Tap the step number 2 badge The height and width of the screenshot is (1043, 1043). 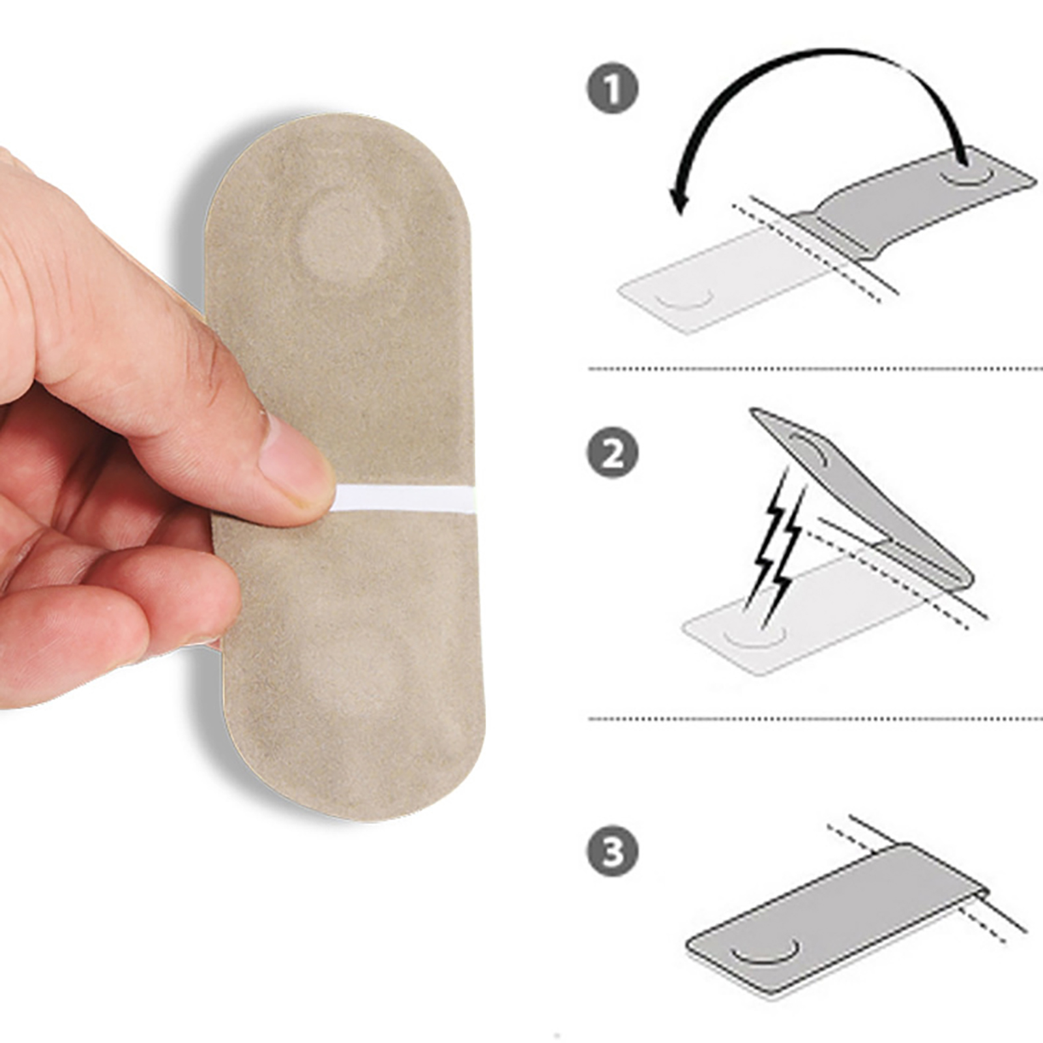[x=612, y=452]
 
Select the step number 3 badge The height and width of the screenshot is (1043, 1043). [x=612, y=851]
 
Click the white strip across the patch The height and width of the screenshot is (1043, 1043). [x=404, y=499]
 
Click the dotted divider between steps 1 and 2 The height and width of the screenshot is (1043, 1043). [x=815, y=369]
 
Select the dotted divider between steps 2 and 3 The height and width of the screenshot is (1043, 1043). [x=815, y=718]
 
